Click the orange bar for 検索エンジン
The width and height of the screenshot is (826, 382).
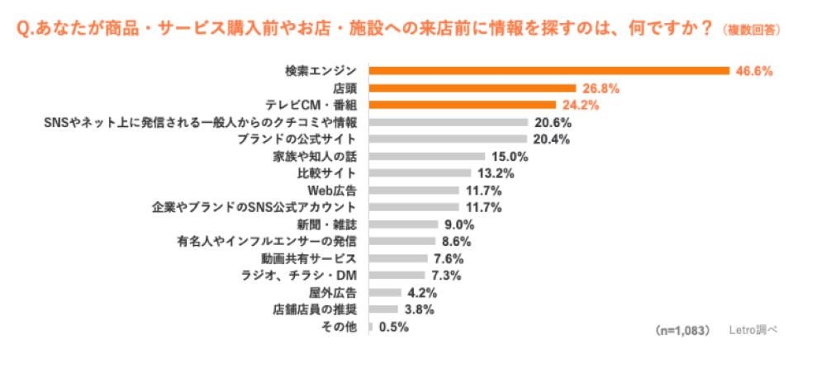pos(548,71)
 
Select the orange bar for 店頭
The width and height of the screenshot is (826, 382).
pos(472,88)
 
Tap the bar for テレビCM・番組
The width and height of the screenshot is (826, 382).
pos(462,105)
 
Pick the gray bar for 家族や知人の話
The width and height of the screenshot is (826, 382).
pos(426,156)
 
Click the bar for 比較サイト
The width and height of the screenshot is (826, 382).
pos(420,173)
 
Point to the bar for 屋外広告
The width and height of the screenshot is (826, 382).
pos(384,292)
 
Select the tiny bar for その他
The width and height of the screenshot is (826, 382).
pos(370,327)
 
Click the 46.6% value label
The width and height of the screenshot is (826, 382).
pos(754,71)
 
